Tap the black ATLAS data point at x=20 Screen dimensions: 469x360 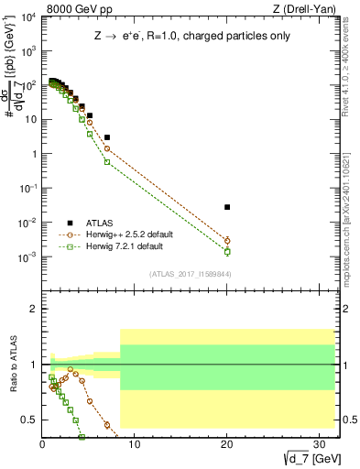pyautogui.click(x=227, y=207)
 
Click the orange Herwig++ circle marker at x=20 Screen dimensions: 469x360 pyautogui.click(x=227, y=241)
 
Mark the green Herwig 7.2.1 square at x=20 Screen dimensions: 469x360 pyautogui.click(x=227, y=251)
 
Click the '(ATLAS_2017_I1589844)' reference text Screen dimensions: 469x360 pyautogui.click(x=191, y=273)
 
